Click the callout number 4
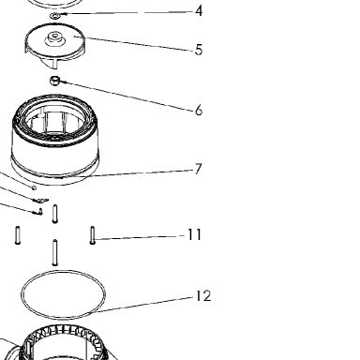pyautogui.click(x=199, y=11)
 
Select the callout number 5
pyautogui.click(x=199, y=50)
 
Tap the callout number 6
pyautogui.click(x=199, y=111)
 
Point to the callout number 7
pyautogui.click(x=198, y=169)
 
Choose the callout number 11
pyautogui.click(x=194, y=234)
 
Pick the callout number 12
pyautogui.click(x=203, y=295)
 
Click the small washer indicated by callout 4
pyautogui.click(x=55, y=16)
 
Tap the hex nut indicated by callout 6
pyautogui.click(x=54, y=81)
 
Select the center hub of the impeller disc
pyautogui.click(x=55, y=38)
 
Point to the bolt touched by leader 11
pyautogui.click(x=93, y=235)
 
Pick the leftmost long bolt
pyautogui.click(x=18, y=235)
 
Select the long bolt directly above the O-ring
pyautogui.click(x=55, y=252)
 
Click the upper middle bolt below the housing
pyautogui.click(x=55, y=214)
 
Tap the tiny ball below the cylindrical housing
pyautogui.click(x=34, y=187)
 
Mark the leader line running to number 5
pyautogui.click(x=134, y=44)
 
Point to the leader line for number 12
pyautogui.click(x=142, y=305)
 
